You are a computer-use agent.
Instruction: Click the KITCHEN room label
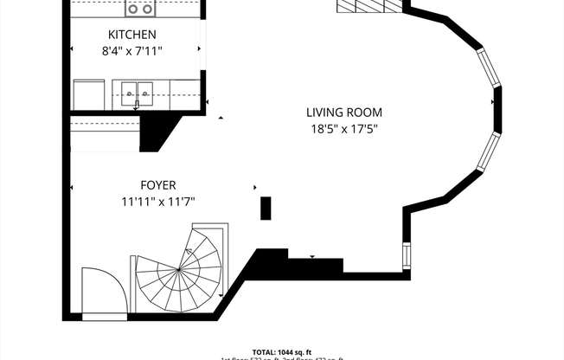click(x=131, y=35)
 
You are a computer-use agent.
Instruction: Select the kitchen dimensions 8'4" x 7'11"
click(x=131, y=51)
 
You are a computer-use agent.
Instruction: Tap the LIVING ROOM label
click(x=343, y=112)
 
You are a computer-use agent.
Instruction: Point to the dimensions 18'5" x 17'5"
click(x=343, y=129)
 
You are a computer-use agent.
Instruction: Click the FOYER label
click(x=158, y=185)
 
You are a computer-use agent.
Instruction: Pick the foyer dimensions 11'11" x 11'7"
click(x=158, y=202)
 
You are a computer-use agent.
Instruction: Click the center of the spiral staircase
click(x=179, y=270)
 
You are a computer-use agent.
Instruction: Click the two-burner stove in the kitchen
click(x=139, y=9)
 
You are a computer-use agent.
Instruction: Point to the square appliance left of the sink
click(x=87, y=93)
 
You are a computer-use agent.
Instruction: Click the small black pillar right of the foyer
click(x=266, y=209)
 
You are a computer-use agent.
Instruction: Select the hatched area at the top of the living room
click(x=370, y=6)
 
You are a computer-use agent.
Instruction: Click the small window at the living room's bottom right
click(x=406, y=255)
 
